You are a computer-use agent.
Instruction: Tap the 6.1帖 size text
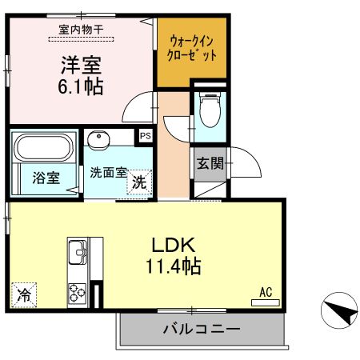[x=80, y=86]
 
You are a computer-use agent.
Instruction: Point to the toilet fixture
[x=210, y=110]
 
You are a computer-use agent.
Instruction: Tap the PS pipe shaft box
[x=145, y=136]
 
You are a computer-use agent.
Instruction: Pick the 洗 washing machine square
[x=139, y=182]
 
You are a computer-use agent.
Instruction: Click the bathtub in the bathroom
[x=44, y=148]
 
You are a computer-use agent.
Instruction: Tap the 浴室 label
[x=46, y=178]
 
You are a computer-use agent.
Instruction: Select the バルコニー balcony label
[x=202, y=329]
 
